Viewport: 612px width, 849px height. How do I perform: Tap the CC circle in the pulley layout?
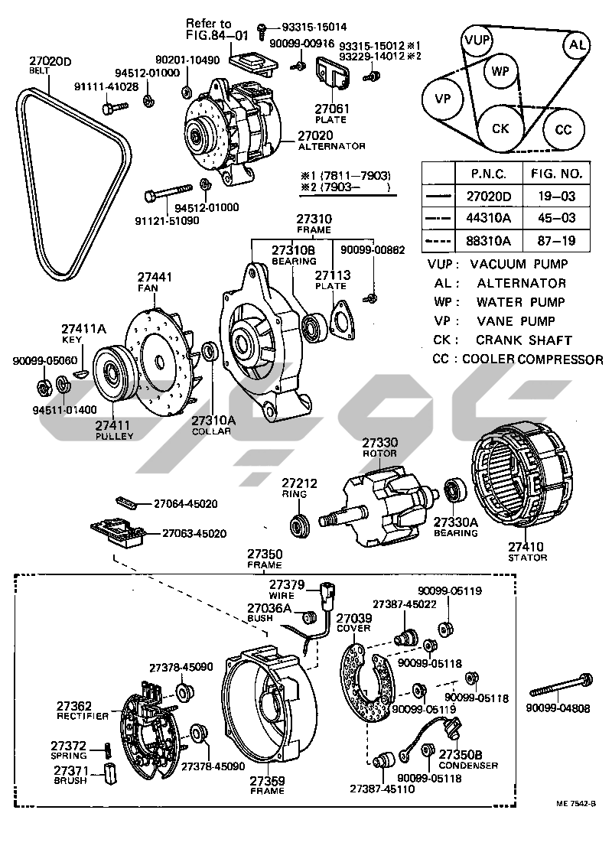coord(563,129)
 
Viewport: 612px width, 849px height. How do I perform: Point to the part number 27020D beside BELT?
coord(50,61)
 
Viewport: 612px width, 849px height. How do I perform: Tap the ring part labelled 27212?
coord(298,525)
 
